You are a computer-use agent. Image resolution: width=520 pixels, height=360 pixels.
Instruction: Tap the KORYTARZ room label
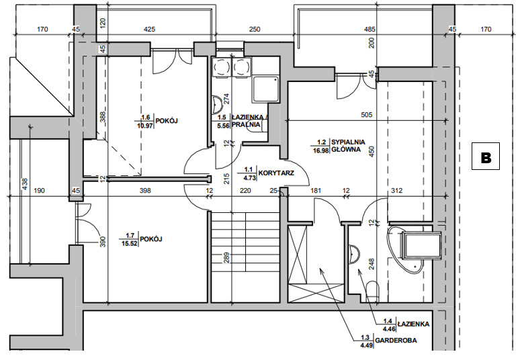276,173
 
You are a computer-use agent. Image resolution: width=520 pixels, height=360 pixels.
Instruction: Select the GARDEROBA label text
396,341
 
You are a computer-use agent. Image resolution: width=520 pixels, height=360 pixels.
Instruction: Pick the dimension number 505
366,115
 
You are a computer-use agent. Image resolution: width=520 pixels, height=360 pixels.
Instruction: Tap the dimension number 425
149,30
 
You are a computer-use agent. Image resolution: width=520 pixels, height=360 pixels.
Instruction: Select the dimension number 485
370,30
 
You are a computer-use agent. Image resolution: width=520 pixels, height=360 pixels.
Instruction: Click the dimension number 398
145,191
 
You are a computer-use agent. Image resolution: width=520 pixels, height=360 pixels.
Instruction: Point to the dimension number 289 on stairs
226,258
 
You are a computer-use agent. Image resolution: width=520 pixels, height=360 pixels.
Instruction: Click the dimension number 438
25,184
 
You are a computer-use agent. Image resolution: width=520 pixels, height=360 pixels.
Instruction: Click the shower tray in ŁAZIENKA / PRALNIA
265,89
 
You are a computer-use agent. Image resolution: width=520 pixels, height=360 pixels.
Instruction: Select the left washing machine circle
221,68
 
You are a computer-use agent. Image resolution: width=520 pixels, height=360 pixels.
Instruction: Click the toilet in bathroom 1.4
373,291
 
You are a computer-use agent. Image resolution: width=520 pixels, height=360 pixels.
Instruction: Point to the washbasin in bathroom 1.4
354,255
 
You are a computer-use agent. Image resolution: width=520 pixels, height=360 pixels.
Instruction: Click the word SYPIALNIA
348,142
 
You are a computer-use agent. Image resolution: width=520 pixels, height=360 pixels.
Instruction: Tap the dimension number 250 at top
255,30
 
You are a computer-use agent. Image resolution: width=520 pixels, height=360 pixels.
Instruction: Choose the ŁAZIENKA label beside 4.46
413,324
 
